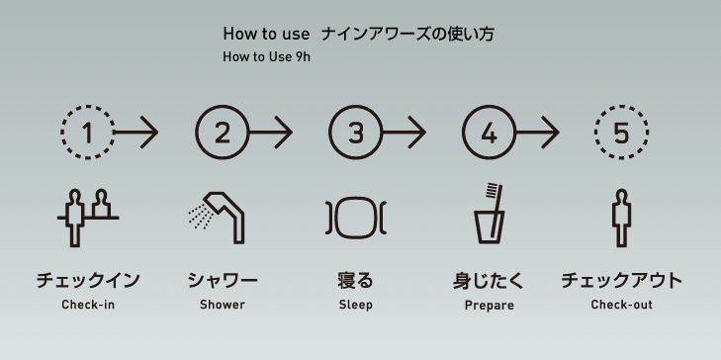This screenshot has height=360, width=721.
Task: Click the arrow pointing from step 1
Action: pos(136,133)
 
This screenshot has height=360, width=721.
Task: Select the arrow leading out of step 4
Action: pos(538,133)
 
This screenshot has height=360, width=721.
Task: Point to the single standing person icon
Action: pos(622,218)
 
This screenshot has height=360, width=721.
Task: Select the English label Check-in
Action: pos(88,305)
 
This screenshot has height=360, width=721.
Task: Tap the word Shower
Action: pos(223,305)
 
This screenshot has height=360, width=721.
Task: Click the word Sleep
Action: pos(355,305)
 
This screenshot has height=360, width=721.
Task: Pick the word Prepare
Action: pos(490,306)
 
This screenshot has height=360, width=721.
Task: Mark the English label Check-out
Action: pos(622,305)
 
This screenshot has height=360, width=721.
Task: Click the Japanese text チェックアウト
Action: pos(622,280)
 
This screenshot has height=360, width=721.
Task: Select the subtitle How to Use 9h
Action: pos(267,57)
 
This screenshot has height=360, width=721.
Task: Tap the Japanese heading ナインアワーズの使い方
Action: pos(407,34)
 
